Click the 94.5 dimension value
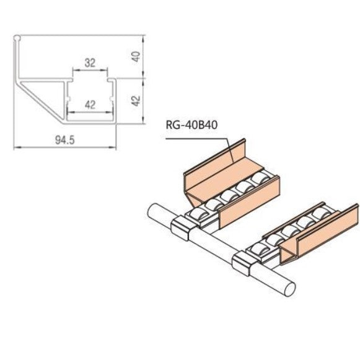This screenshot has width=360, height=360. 65,140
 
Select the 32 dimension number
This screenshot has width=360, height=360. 90,63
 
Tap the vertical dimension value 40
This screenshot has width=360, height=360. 136,56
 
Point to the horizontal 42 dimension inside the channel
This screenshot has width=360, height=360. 90,105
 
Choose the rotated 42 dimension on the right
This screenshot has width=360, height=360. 136,101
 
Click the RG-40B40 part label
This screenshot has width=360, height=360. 191,125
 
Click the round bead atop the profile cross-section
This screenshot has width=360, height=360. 17,38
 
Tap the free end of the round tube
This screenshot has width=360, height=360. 290,289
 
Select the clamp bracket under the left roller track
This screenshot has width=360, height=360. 182,228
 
